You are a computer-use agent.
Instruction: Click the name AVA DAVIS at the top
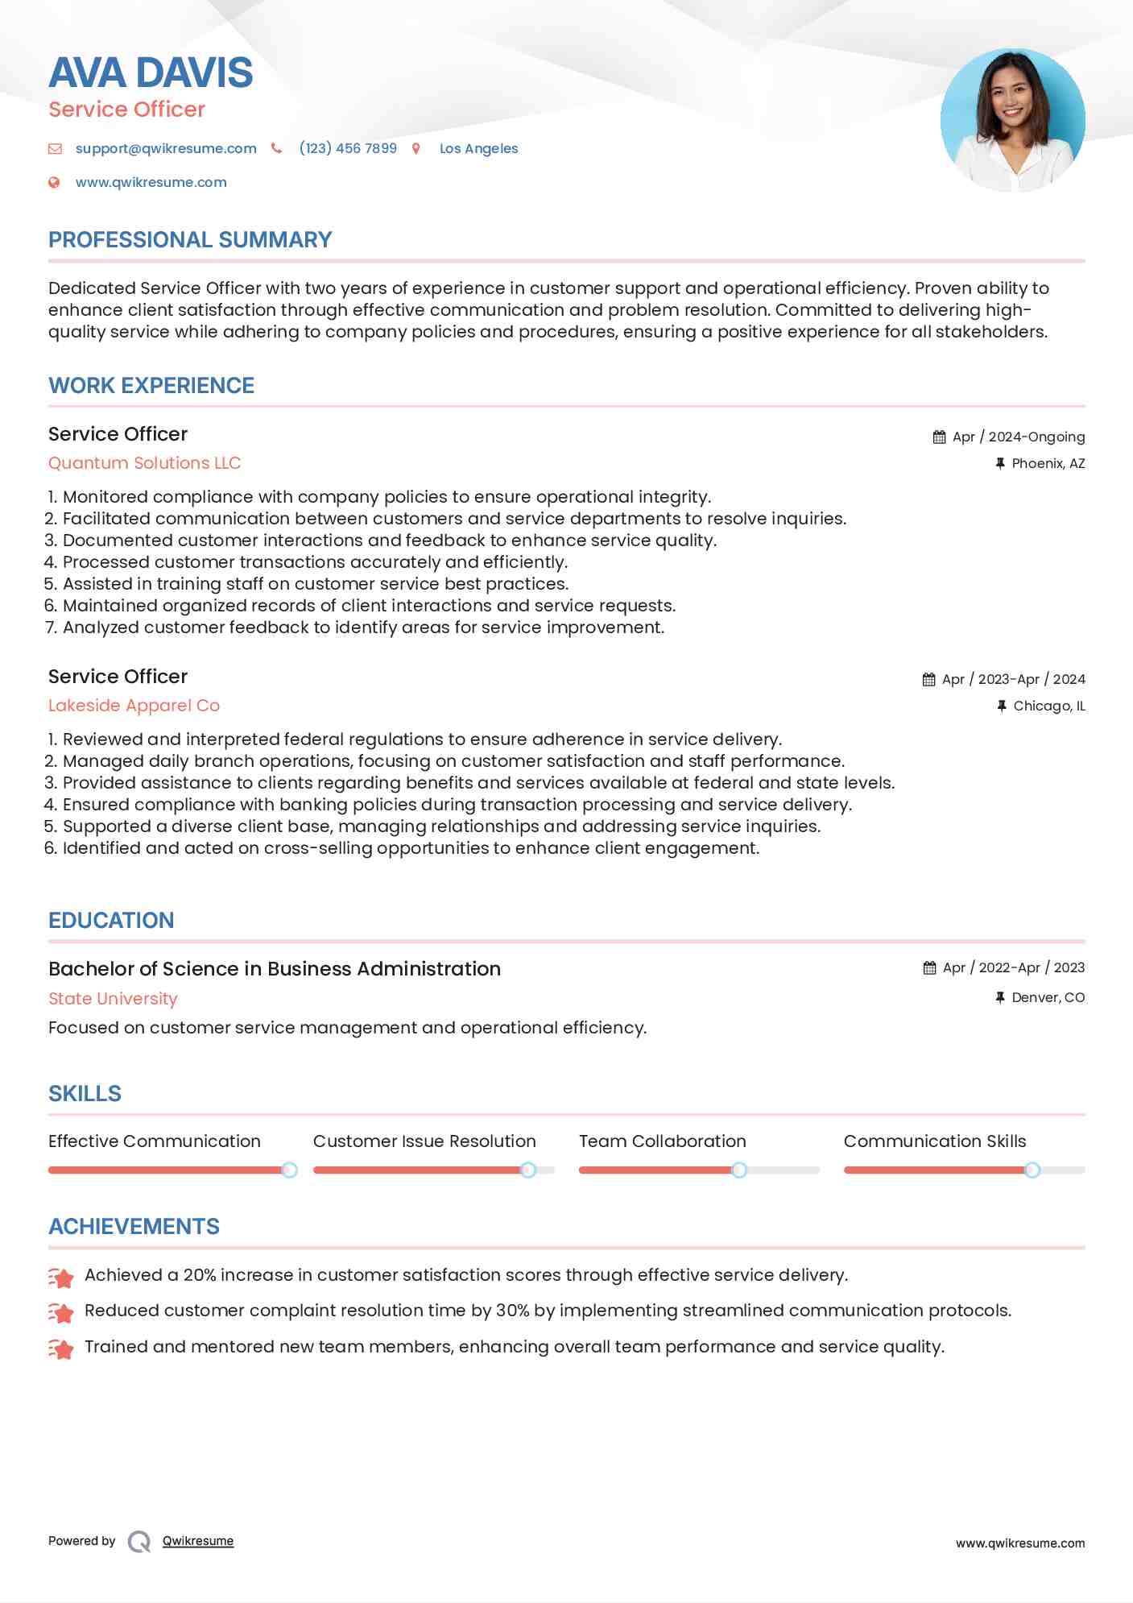(x=151, y=72)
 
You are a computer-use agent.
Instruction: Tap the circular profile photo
(x=1012, y=120)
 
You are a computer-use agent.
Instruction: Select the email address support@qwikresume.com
(x=166, y=148)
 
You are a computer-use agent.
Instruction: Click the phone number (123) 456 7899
(x=348, y=148)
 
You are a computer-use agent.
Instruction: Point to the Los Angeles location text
(x=478, y=148)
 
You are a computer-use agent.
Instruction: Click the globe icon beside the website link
(x=54, y=183)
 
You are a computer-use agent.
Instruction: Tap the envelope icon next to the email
(x=55, y=148)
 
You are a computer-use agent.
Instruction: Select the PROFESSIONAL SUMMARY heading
(x=190, y=240)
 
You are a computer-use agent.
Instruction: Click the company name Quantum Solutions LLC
(x=145, y=463)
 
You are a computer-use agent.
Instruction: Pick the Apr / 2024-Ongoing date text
(x=1018, y=437)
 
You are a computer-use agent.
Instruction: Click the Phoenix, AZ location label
(x=1048, y=463)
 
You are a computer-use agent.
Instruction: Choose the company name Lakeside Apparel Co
(x=134, y=706)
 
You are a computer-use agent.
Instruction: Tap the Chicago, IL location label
(x=1048, y=706)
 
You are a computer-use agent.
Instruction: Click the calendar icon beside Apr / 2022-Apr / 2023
(x=929, y=967)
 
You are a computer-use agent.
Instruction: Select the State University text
(x=113, y=999)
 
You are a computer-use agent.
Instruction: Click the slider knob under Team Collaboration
(x=738, y=1170)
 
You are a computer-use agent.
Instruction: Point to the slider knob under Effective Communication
(x=289, y=1170)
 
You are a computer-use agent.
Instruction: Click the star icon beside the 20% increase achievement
(x=61, y=1277)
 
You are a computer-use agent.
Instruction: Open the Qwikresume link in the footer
(x=198, y=1541)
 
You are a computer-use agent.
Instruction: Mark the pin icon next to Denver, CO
(x=1000, y=997)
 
